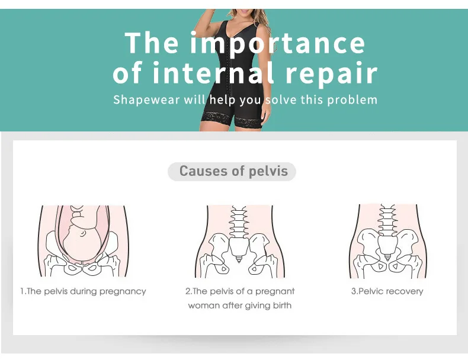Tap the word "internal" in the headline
coord(213,73)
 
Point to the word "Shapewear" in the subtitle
coord(146,99)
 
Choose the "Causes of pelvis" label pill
coord(233,172)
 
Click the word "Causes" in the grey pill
coord(204,172)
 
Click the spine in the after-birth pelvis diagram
coord(240,222)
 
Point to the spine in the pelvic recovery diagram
coord(386,220)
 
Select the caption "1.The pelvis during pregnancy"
coord(83,291)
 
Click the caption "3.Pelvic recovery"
coord(387,291)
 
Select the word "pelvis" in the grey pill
coord(268,172)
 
